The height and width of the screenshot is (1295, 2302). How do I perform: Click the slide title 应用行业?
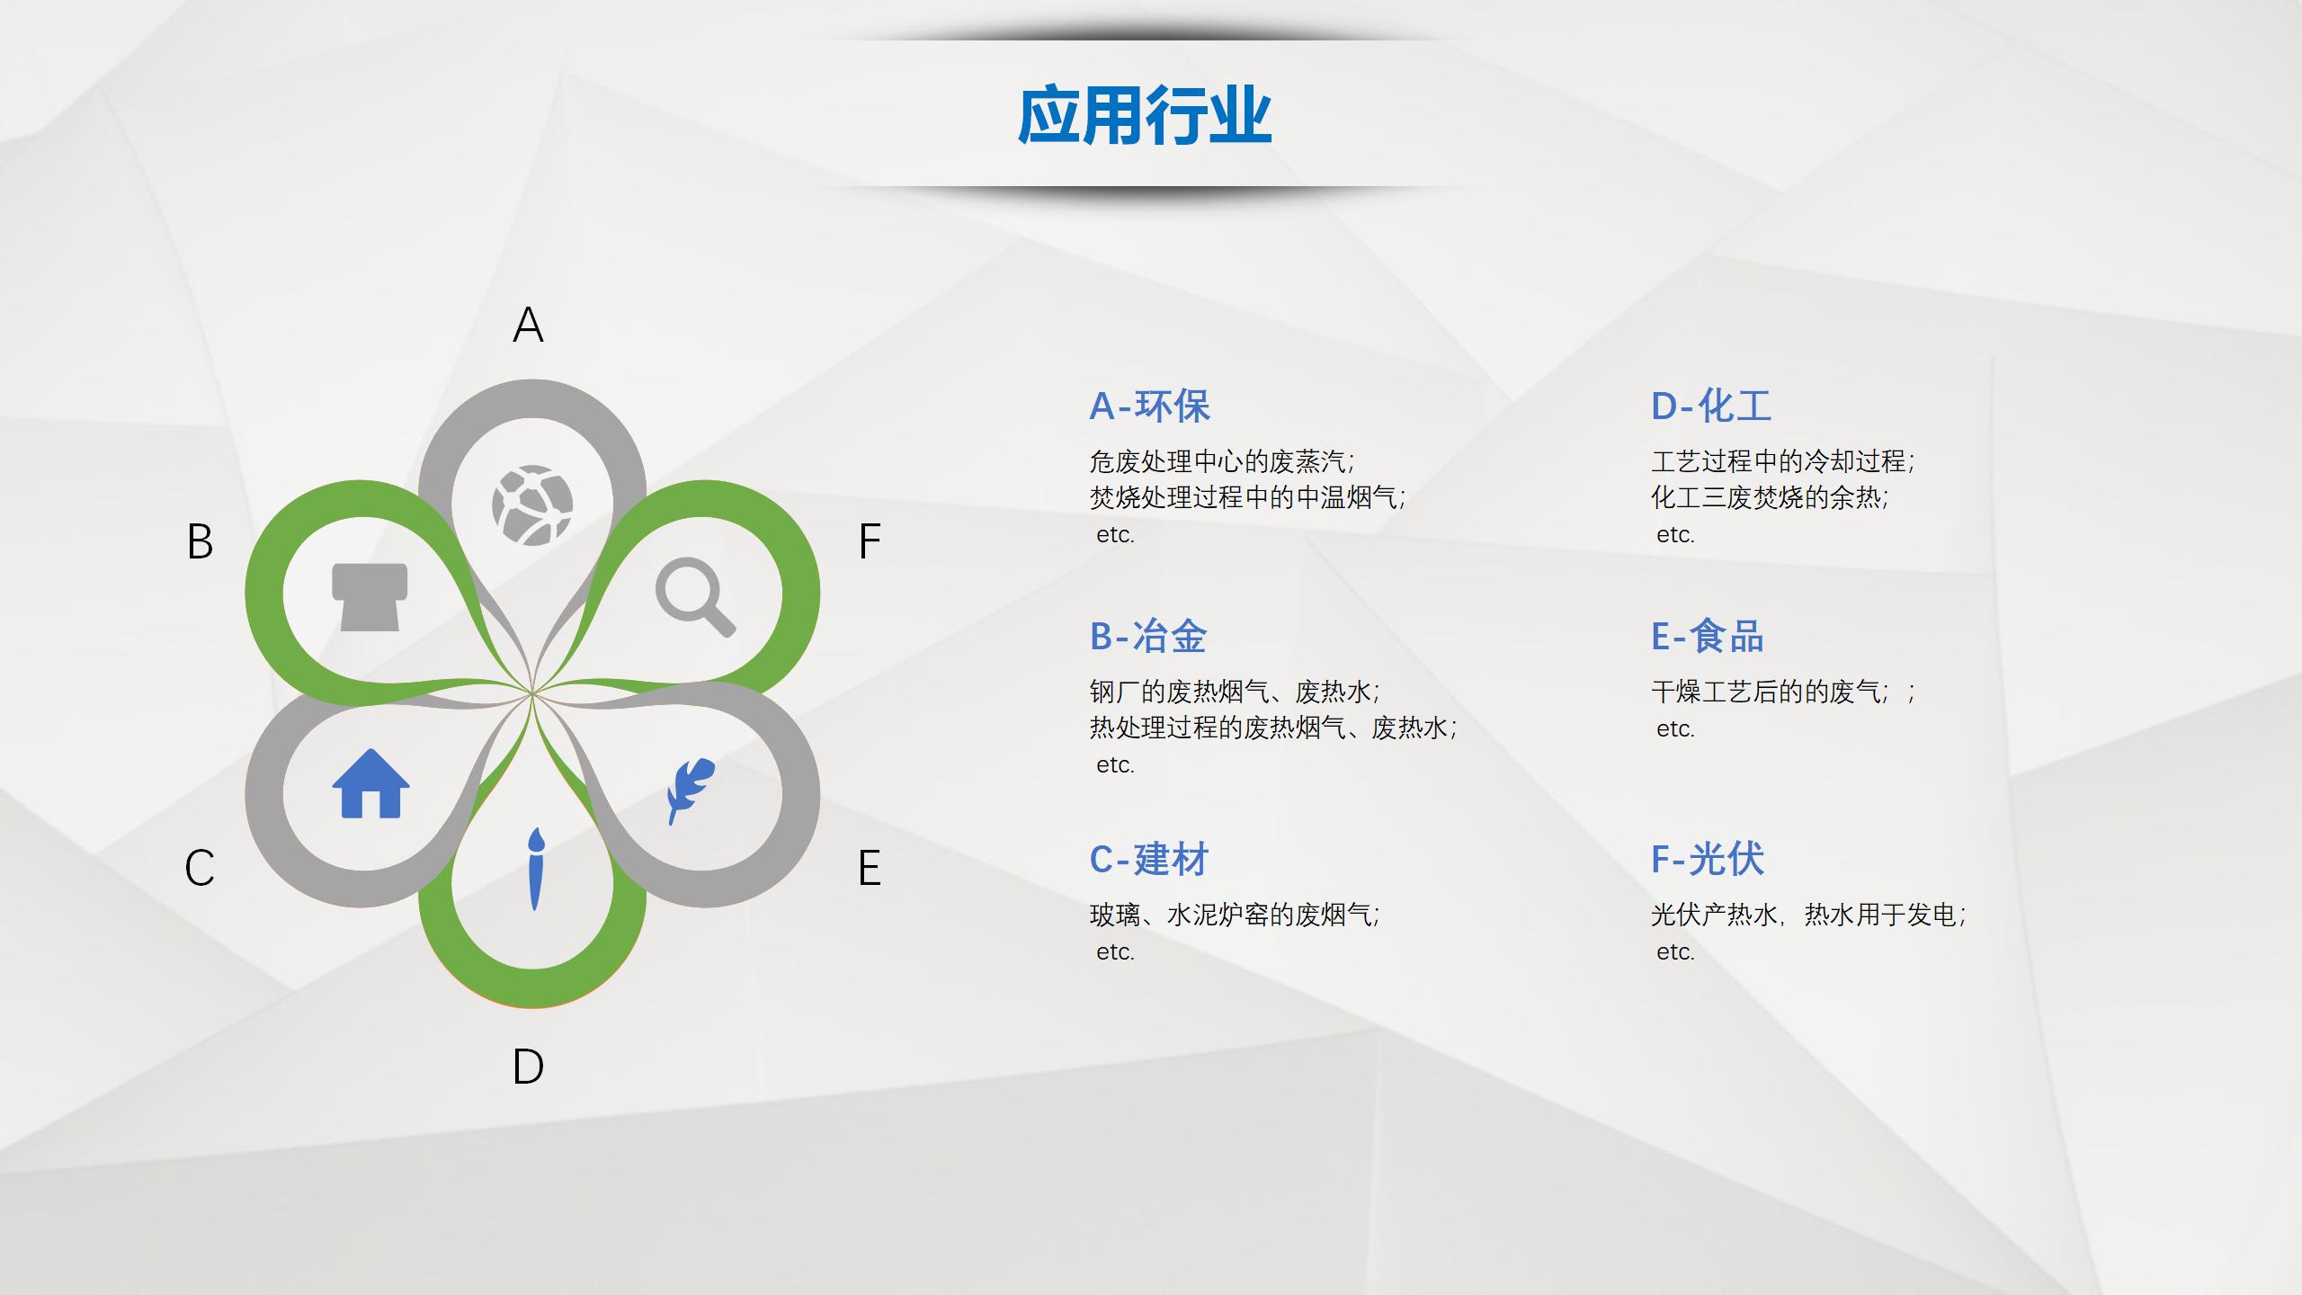(1145, 116)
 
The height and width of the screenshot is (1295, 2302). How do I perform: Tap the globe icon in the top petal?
(532, 505)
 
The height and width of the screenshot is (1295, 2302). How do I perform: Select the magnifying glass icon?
(695, 596)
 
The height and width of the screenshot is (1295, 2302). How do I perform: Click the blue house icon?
(370, 783)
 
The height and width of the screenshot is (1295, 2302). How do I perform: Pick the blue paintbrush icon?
(535, 868)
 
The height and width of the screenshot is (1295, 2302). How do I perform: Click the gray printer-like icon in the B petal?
(370, 597)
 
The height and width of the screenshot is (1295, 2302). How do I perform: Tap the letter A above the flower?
(529, 325)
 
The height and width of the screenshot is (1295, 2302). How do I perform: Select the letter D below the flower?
(529, 1067)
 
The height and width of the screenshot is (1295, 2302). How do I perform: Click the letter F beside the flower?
(870, 541)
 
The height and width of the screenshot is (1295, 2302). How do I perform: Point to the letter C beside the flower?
(200, 868)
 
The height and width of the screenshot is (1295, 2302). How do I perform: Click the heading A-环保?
(1150, 406)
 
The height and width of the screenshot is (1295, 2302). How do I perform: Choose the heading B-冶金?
(1148, 637)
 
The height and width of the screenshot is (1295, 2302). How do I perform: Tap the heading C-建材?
(1149, 860)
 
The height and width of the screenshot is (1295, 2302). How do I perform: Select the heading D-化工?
(1711, 406)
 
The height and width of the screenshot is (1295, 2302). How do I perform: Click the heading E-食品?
(1708, 637)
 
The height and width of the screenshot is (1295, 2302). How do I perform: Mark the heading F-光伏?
(1708, 860)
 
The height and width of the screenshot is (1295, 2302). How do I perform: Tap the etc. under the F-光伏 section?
(1675, 952)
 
